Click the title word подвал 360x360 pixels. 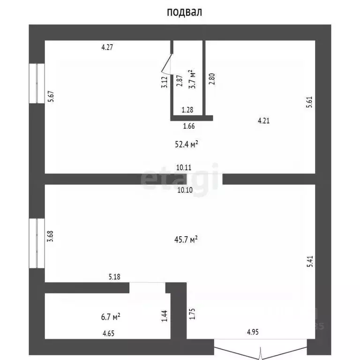click(184, 12)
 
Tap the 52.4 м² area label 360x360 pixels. click(187, 144)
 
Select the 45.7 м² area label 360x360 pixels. click(186, 240)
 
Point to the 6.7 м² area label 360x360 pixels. click(111, 317)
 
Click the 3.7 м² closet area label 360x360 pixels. click(192, 79)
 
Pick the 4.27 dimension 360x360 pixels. click(107, 47)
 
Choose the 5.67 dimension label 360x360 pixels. click(51, 97)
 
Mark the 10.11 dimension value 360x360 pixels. click(184, 167)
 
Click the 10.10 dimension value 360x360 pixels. click(185, 190)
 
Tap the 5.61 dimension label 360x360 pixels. click(309, 102)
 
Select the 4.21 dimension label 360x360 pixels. click(263, 120)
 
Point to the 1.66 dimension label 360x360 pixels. click(189, 126)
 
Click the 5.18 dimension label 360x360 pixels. click(114, 277)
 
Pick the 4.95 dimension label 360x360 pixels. click(253, 332)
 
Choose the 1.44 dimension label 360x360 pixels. click(165, 316)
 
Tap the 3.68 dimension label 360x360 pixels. click(50, 236)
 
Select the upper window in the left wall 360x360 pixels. click(37, 83)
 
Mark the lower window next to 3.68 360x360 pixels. click(37, 243)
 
